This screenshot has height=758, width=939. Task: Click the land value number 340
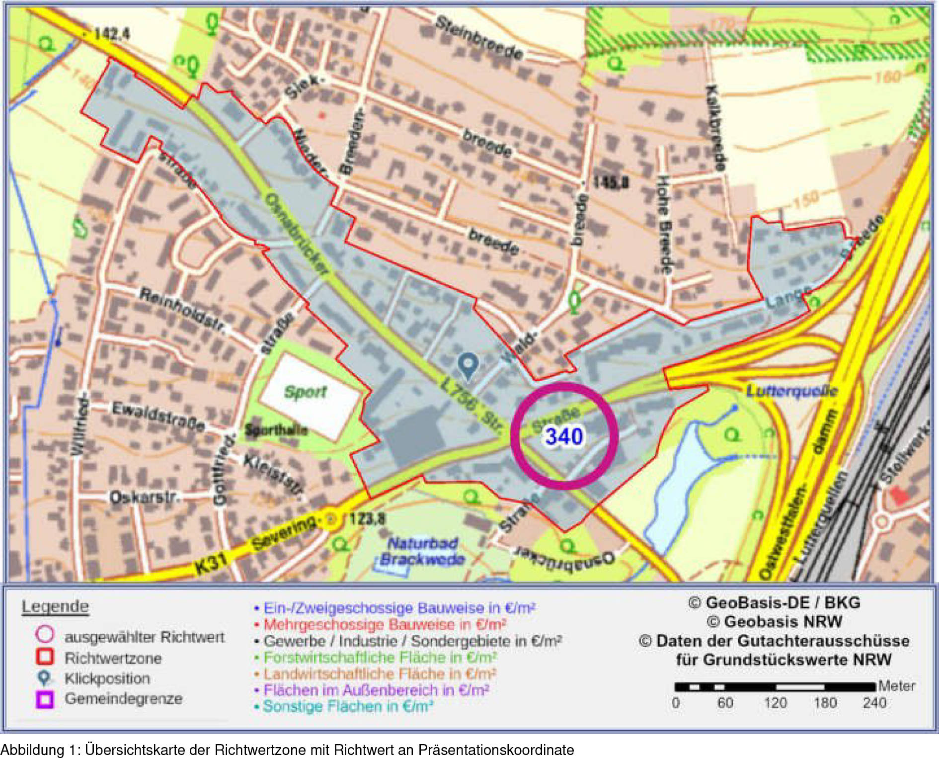click(564, 436)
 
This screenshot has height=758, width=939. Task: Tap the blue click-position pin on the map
click(468, 366)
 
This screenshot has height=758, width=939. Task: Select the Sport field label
click(305, 392)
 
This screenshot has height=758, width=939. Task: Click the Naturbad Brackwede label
click(423, 551)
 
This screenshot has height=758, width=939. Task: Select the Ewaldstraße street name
click(158, 417)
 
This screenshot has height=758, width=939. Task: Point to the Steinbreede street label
click(479, 37)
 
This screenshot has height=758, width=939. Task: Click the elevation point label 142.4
click(111, 34)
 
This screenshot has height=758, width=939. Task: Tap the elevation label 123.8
click(367, 519)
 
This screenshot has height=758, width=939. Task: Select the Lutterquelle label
click(792, 391)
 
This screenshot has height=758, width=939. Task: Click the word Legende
click(55, 606)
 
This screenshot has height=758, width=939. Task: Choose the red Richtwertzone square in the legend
click(45, 657)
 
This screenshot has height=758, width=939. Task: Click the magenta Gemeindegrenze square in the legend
click(45, 699)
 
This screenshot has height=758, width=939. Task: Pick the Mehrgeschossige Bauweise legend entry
click(385, 624)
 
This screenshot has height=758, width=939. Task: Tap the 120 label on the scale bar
click(775, 703)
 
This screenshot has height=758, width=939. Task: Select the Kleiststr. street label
click(273, 475)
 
